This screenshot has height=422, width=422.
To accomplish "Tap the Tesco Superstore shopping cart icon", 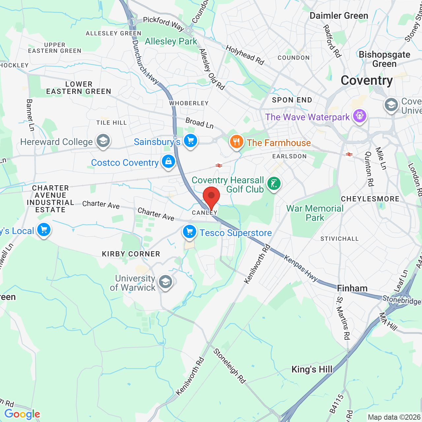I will (x=190, y=232).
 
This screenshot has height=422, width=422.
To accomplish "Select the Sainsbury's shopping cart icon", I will (x=190, y=141).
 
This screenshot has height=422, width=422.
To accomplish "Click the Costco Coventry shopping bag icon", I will (x=168, y=162).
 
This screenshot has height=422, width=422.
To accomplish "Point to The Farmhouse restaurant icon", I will (x=236, y=142).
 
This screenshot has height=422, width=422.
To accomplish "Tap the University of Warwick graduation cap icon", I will (x=165, y=282).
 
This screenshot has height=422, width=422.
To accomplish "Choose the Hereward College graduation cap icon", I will (x=103, y=141).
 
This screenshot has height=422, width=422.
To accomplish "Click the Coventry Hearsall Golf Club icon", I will (x=274, y=183).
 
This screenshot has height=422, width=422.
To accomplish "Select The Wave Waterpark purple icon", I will (x=359, y=116).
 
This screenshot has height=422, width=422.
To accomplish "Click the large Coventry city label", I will (x=367, y=80).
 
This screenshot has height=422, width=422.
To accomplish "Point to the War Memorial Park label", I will (x=315, y=213).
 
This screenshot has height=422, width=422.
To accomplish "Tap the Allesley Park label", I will (x=171, y=42).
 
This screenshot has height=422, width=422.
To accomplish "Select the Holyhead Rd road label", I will (x=245, y=55).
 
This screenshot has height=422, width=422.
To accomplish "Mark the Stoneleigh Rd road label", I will (x=230, y=366).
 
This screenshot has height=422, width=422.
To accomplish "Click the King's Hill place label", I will (x=312, y=370).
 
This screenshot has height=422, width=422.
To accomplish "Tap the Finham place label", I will (x=352, y=288).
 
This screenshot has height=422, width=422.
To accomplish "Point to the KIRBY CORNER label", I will (x=131, y=254).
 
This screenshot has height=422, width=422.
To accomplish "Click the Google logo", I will (x=22, y=414).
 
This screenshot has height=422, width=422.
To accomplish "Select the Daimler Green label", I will (x=339, y=16).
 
